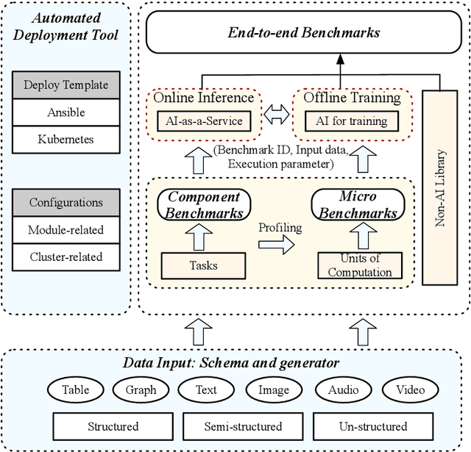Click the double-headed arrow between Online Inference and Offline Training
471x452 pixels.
tap(277, 113)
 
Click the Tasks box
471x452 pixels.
tap(202, 265)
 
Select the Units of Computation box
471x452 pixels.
tap(360, 265)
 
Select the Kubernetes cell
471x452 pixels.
tap(65, 138)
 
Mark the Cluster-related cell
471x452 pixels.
tap(65, 257)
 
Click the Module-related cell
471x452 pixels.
tap(65, 229)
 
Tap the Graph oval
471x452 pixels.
tap(141, 390)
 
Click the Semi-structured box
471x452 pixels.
tap(243, 426)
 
